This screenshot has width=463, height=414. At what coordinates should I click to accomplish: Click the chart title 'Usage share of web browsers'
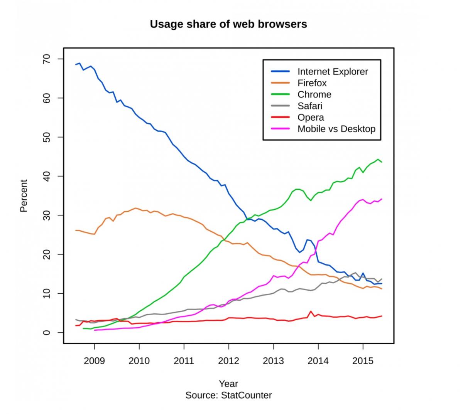(x=228, y=24)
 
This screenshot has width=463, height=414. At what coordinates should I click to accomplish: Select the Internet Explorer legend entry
(x=333, y=71)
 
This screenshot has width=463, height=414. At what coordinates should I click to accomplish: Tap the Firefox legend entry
(x=312, y=83)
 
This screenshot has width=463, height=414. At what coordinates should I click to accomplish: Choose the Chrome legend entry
(x=314, y=94)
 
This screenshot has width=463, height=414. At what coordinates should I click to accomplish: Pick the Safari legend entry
(x=310, y=106)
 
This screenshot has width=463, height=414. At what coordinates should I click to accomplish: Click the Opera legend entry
(x=311, y=118)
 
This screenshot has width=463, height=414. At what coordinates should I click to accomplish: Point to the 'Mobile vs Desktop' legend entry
(x=336, y=129)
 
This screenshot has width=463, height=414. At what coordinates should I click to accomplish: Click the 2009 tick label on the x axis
(x=94, y=361)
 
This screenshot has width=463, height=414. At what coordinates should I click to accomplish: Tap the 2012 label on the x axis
(x=228, y=361)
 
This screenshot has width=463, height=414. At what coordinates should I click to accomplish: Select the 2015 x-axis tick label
(x=363, y=361)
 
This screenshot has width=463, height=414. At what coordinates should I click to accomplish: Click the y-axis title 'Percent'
(x=24, y=195)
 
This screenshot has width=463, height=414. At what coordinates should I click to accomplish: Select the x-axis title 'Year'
(x=228, y=384)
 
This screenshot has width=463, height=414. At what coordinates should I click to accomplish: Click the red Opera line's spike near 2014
(x=311, y=311)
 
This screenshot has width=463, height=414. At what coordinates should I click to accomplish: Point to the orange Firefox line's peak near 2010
(x=135, y=208)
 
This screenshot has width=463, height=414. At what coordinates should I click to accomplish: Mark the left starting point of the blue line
(x=76, y=64)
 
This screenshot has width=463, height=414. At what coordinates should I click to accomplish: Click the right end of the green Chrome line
(x=382, y=162)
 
